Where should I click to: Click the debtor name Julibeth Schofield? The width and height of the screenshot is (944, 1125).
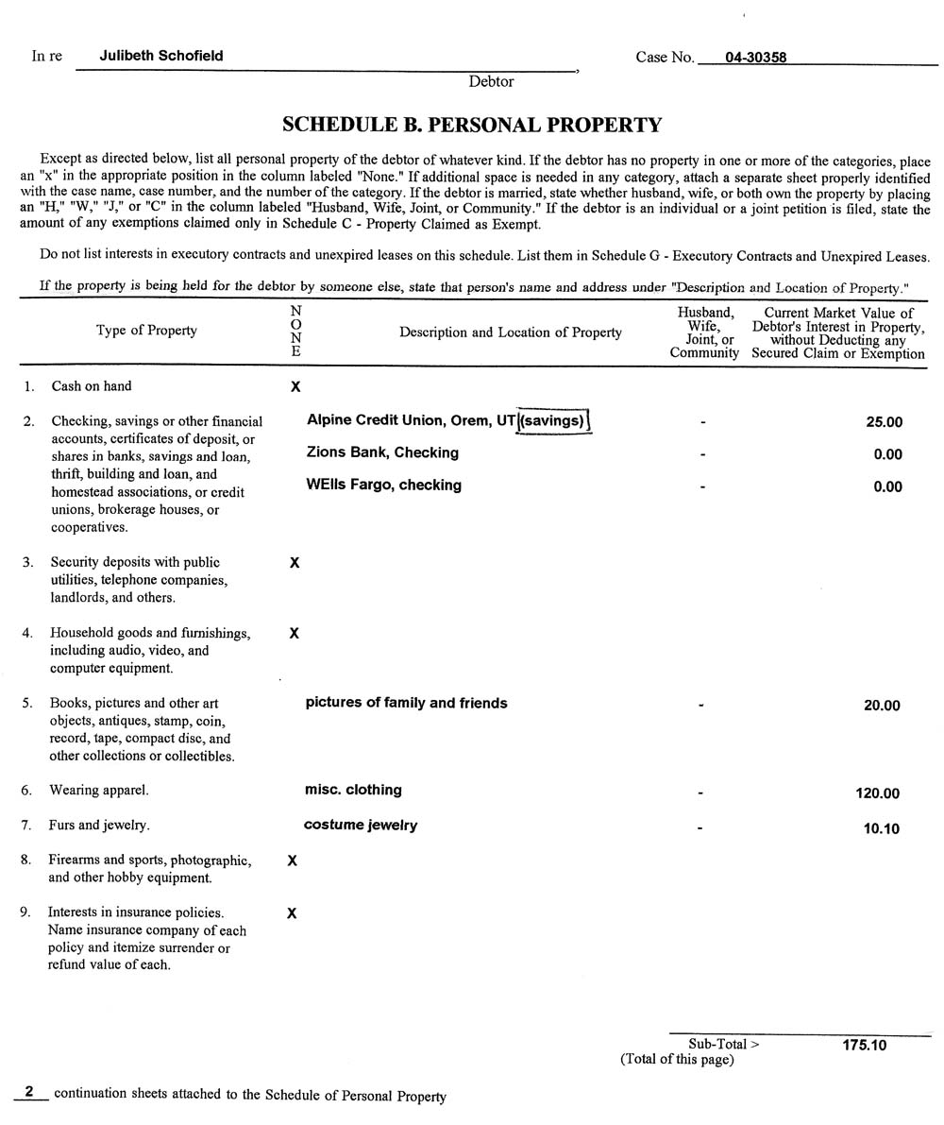tap(161, 56)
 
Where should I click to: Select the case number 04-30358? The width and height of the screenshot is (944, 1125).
tap(755, 58)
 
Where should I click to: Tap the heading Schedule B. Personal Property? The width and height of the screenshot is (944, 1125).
tap(472, 125)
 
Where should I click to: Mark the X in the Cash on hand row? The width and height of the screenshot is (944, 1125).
tap(295, 386)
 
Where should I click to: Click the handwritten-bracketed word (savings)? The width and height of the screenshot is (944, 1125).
tap(554, 420)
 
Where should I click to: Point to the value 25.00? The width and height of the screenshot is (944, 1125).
tap(884, 422)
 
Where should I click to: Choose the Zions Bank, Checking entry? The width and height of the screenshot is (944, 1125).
tap(382, 452)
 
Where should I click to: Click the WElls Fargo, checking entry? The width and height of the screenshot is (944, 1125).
tap(383, 485)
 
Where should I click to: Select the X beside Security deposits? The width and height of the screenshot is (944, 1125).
tap(295, 563)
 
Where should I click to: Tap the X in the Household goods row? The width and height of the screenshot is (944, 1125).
tap(294, 634)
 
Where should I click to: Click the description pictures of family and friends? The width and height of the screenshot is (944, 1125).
tap(406, 703)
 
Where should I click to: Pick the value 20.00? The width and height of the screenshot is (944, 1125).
tap(882, 706)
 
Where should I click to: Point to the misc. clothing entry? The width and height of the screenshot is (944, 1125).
tap(353, 790)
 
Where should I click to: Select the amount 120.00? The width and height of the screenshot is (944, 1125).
tap(878, 793)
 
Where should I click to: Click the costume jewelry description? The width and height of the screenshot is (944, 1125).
tap(361, 825)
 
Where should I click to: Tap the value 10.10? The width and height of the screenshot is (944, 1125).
tap(882, 828)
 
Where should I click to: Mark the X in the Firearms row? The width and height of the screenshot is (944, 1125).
tap(292, 861)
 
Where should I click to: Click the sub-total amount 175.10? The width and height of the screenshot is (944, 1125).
tap(864, 1045)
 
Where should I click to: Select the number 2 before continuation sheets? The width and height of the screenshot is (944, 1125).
tap(30, 1092)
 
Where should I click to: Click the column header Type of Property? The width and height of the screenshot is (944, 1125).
tap(146, 331)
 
